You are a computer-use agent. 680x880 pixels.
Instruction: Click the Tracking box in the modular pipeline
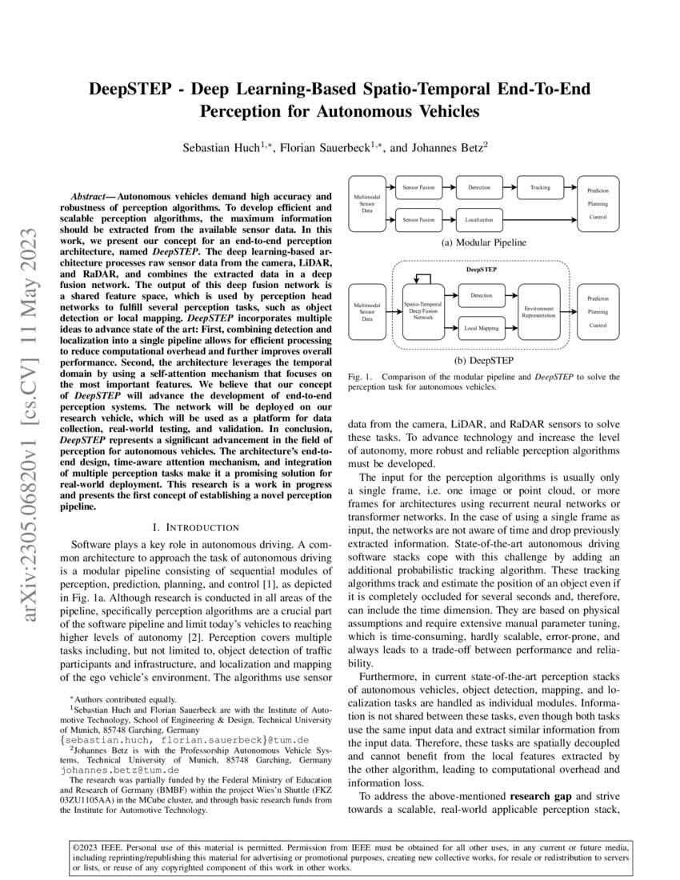click(540, 187)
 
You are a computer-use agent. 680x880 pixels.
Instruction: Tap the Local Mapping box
click(482, 326)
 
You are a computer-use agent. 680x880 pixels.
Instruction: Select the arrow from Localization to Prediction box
click(544, 218)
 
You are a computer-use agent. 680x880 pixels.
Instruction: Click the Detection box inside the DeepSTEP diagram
click(482, 295)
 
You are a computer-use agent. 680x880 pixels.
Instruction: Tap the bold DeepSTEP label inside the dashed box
click(481, 270)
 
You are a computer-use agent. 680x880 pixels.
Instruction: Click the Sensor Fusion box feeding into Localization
click(418, 218)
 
